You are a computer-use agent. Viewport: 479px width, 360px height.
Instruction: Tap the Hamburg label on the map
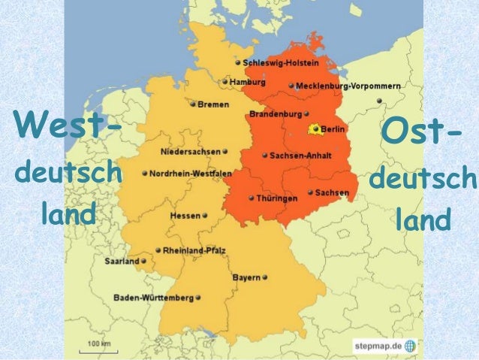coord(248,81)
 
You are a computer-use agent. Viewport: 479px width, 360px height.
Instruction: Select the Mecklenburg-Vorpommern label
coord(348,86)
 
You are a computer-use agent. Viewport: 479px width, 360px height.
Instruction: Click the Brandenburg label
coord(275,115)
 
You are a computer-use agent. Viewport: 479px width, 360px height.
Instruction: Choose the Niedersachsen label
coord(191,151)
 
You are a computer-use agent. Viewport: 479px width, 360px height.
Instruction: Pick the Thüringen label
coord(277,198)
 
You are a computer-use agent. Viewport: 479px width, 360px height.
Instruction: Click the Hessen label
coord(185,216)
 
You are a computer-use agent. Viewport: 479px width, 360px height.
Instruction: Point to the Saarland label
coord(121,262)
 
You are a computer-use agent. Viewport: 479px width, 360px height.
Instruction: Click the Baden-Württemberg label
coord(154,298)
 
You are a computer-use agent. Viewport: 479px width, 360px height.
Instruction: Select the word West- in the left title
coord(68,123)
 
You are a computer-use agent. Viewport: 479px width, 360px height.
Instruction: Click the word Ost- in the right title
coord(420,135)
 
